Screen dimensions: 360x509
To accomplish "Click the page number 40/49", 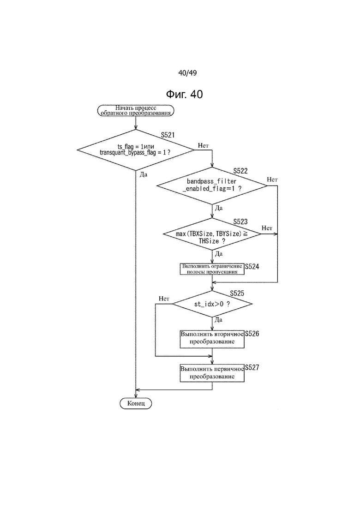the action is click(x=187, y=73).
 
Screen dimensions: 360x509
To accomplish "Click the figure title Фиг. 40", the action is click(x=184, y=94).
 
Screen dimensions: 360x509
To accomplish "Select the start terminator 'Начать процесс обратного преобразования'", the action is click(x=136, y=110).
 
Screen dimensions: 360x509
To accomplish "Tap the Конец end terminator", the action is click(x=136, y=403).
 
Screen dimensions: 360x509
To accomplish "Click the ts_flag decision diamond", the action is click(x=135, y=150).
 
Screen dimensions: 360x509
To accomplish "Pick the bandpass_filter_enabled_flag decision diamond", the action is click(x=212, y=186).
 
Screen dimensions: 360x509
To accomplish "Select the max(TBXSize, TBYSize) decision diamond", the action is click(x=212, y=234).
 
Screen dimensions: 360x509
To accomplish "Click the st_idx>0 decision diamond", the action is click(x=212, y=304).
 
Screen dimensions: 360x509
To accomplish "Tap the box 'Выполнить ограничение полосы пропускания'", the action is click(x=212, y=269).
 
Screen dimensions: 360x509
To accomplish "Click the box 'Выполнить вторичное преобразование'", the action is click(x=212, y=339).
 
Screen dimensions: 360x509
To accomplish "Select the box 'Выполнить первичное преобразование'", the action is click(x=212, y=373).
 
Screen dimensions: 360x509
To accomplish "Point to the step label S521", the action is click(x=168, y=135).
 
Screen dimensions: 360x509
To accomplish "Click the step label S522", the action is click(x=240, y=171).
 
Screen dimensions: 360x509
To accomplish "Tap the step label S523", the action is click(x=240, y=222).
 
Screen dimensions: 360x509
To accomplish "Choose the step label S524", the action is click(x=252, y=267).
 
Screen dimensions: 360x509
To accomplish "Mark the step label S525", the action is click(x=237, y=293).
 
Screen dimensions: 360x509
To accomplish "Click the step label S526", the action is click(x=252, y=334).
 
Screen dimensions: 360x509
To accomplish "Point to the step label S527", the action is click(x=252, y=367).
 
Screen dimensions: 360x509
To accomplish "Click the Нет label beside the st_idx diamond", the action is click(x=164, y=299).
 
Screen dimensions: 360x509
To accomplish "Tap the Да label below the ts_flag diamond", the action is click(x=144, y=174).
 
